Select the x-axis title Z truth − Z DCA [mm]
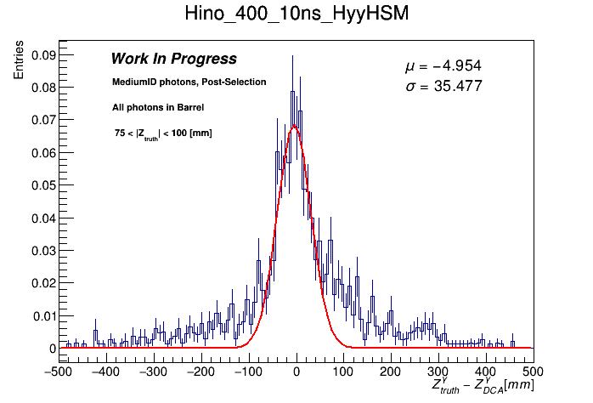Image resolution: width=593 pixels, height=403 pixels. pos(483,386)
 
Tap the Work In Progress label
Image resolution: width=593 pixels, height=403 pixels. pos(173,59)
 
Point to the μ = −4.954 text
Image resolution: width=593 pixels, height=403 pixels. pos(443,66)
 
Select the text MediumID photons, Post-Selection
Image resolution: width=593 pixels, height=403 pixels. pos(189,82)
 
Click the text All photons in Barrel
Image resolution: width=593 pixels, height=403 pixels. pos(158,107)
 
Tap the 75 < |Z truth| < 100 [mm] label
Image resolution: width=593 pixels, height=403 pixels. pos(163,133)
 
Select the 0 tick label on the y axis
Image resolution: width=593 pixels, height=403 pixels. pos(52,349)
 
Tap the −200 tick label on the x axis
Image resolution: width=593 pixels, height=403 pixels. pos(200,372)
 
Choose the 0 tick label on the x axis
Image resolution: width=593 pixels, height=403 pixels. pos(296,372)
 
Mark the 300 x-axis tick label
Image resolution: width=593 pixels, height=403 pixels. pos(438,372)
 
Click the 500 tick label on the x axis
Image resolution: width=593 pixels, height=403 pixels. pos(533,372)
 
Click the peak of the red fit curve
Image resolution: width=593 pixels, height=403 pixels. pos(294,126)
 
